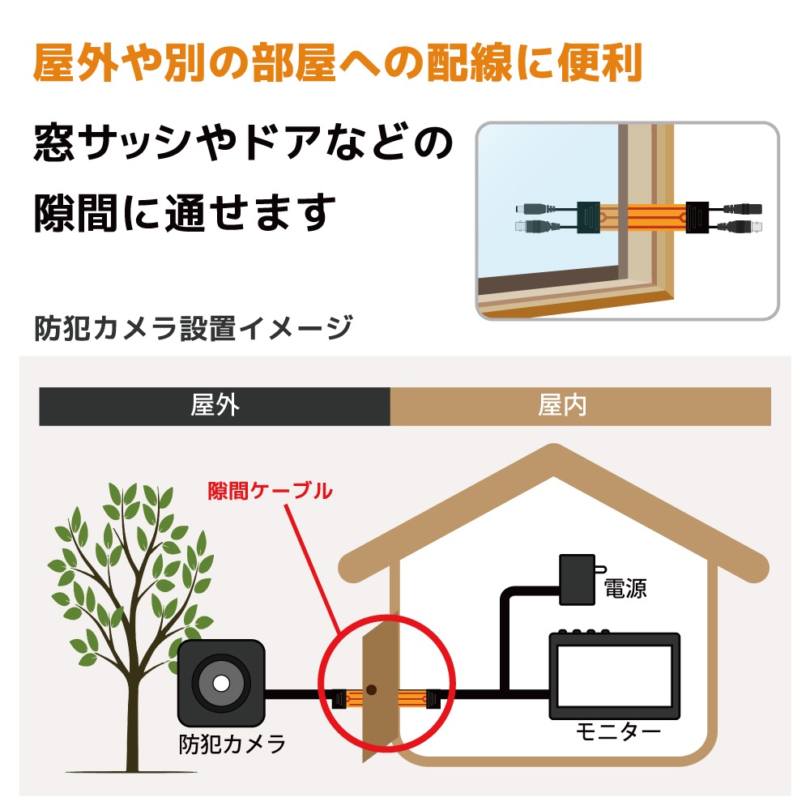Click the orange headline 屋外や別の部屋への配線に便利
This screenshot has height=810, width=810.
(x=338, y=63)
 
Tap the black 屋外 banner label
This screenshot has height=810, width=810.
(x=215, y=406)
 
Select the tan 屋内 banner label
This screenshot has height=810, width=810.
(x=563, y=406)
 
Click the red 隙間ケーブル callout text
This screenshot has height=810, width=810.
(x=271, y=491)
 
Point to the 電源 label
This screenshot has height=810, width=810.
(x=625, y=588)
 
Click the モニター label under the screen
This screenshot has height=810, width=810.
(x=618, y=731)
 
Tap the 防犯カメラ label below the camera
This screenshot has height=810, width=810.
(x=232, y=744)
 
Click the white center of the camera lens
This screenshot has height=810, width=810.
(x=221, y=684)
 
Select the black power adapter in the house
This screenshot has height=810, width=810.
(x=578, y=580)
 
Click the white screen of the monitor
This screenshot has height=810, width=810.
(x=614, y=676)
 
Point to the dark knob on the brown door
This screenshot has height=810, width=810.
(x=371, y=689)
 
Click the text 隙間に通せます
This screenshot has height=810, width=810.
(x=185, y=212)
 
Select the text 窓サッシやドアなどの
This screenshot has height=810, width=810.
(x=243, y=142)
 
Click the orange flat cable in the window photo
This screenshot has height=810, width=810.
(x=642, y=217)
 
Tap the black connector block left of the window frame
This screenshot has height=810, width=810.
(x=588, y=217)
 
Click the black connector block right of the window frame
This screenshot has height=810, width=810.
(x=697, y=217)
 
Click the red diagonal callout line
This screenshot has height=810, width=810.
(x=313, y=569)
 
